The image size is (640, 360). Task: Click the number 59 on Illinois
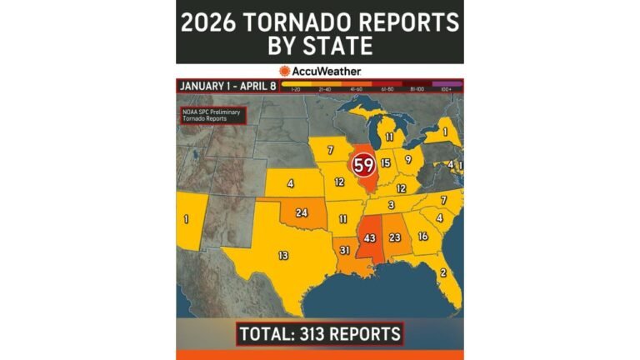363,164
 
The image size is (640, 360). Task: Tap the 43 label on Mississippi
370,239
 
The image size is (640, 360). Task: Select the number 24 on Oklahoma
302,213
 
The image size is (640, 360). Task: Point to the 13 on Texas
283,255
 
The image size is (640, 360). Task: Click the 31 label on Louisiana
344,250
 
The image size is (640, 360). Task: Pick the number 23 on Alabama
396,237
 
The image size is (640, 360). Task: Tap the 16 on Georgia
422,237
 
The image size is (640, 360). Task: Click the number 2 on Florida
442,272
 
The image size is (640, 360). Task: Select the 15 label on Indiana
385,164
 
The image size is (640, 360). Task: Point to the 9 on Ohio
408,159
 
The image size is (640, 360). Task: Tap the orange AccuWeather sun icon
285,72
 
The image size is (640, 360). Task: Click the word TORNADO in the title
320,22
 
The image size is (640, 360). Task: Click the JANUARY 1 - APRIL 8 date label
226,85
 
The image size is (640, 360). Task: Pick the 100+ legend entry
447,88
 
